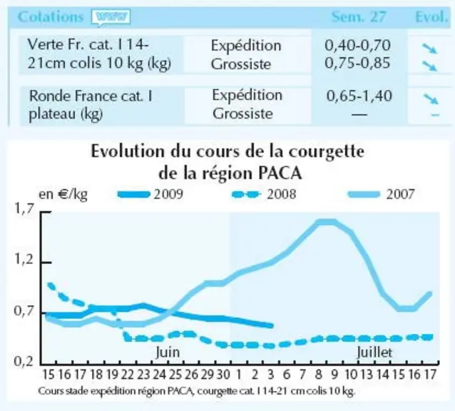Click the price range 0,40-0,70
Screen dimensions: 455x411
coord(357,45)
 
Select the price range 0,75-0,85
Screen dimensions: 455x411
coord(357,63)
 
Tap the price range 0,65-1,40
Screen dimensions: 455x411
coord(359,96)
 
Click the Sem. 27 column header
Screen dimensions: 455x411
coord(359,17)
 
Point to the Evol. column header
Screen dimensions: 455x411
coord(431,17)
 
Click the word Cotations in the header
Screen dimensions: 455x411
coord(51,17)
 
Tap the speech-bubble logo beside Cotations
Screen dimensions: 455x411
coord(111,17)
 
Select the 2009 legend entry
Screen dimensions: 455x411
coord(150,194)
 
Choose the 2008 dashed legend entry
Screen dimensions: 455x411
coord(264,194)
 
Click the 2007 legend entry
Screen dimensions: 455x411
coord(381,194)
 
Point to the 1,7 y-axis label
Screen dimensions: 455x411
coord(24,208)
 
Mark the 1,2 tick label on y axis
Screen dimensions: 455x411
coord(24,260)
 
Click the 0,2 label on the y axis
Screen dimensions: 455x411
coord(24,361)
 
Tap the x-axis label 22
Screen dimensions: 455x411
coord(127,375)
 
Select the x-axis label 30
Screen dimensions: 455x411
coord(223,375)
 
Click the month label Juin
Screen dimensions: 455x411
coord(168,352)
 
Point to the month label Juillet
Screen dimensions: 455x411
coord(374,352)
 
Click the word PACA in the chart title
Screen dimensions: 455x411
coord(280,173)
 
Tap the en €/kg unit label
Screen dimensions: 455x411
coord(63,194)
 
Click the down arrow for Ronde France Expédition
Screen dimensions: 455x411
coord(431,98)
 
